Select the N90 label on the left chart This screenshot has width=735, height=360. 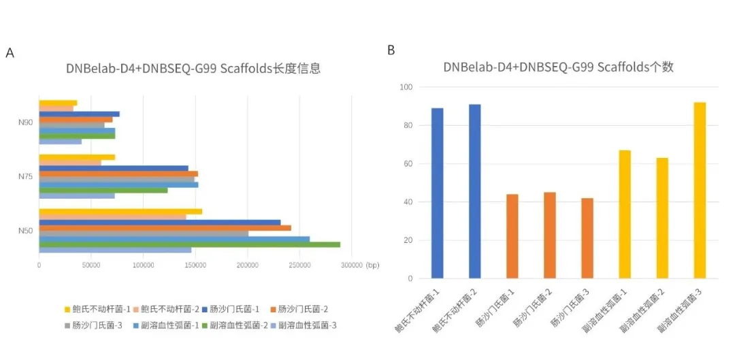[26, 122]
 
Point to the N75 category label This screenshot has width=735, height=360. [26, 176]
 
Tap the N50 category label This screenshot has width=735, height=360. [26, 231]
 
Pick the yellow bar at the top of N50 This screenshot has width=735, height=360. [120, 212]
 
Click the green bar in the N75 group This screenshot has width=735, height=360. [103, 190]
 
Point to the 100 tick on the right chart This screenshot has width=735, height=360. [406, 87]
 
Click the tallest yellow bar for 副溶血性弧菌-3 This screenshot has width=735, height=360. [700, 190]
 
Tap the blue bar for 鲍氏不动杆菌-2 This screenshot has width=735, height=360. [474, 191]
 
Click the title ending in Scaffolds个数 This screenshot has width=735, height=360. [558, 67]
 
